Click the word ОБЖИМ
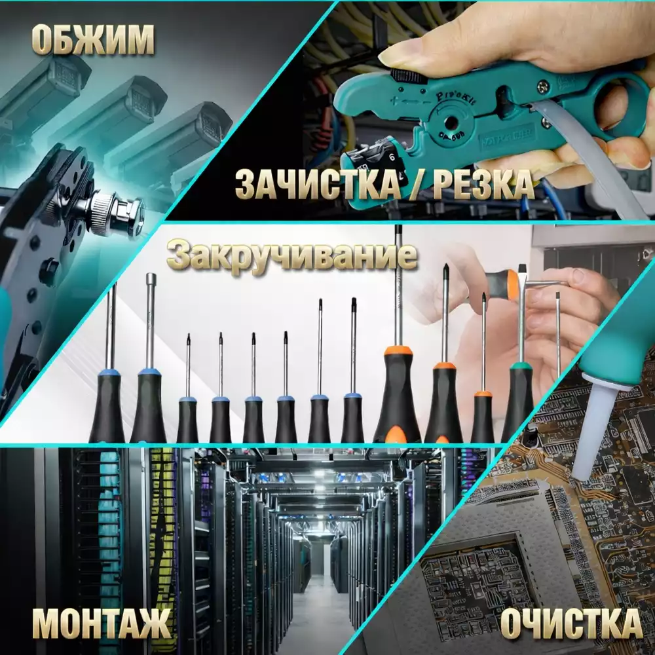[x=93, y=40]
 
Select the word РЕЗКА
[x=483, y=183]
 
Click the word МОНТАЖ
[x=102, y=624]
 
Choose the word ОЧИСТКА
[x=571, y=624]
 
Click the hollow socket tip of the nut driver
[x=151, y=278]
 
